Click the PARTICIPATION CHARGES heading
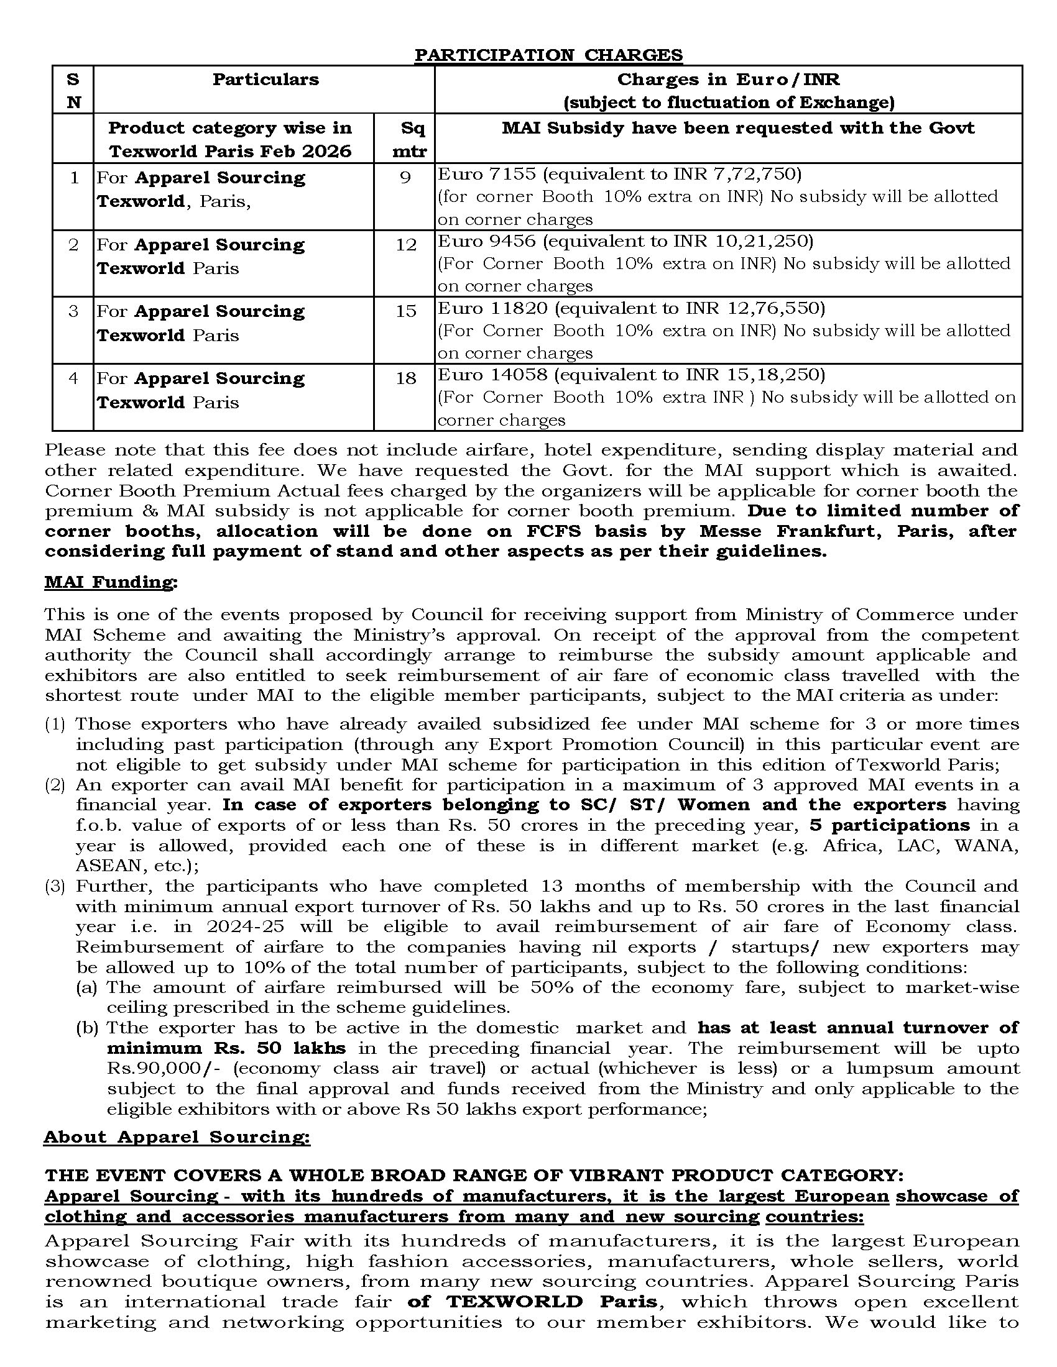pos(548,55)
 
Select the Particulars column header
pos(265,80)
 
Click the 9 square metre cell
pos(405,178)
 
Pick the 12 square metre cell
pos(406,245)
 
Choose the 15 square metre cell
pos(406,311)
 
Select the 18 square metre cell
pos(406,378)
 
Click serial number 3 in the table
pos(73,311)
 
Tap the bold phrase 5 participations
pos(889,825)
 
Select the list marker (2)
pos(55,785)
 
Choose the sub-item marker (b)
pos(87,1028)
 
